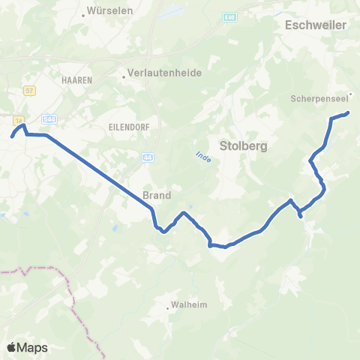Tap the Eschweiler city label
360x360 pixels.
tap(316, 25)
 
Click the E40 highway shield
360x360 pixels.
tap(228, 16)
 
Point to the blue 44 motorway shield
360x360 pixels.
tap(147, 156)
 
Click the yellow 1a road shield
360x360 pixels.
tap(18, 118)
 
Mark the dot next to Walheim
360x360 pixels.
tap(167, 307)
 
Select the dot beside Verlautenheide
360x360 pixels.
tap(124, 75)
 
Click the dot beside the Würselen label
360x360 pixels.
tap(82, 14)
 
